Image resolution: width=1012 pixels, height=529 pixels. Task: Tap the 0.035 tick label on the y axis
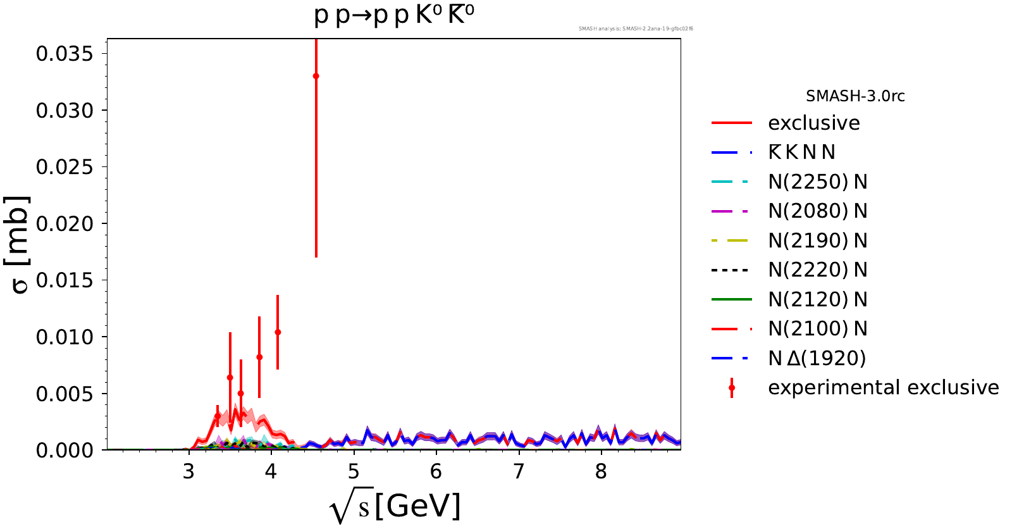pyautogui.click(x=65, y=54)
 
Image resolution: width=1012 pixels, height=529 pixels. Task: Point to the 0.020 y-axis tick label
pyautogui.click(x=65, y=223)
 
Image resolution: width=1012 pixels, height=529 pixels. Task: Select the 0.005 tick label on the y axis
pyautogui.click(x=65, y=394)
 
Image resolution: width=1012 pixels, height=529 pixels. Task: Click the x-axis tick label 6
pyautogui.click(x=436, y=471)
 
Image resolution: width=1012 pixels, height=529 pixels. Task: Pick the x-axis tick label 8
pyautogui.click(x=601, y=471)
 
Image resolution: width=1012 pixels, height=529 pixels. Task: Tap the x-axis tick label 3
pyautogui.click(x=188, y=471)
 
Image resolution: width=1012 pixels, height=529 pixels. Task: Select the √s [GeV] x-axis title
pyautogui.click(x=395, y=507)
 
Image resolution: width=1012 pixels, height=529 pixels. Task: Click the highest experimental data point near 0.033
pyautogui.click(x=316, y=76)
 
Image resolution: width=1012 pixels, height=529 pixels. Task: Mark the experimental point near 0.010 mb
pyautogui.click(x=278, y=332)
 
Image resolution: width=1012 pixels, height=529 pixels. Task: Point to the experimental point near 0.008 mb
pyautogui.click(x=259, y=358)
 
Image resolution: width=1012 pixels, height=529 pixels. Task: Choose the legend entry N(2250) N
pyautogui.click(x=817, y=182)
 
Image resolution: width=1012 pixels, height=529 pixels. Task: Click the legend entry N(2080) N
pyautogui.click(x=817, y=211)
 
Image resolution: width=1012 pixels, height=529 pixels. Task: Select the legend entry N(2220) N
pyautogui.click(x=817, y=270)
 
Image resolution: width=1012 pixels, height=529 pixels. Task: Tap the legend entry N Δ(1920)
pyautogui.click(x=817, y=358)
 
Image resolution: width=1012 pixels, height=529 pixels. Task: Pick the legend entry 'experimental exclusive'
pyautogui.click(x=883, y=387)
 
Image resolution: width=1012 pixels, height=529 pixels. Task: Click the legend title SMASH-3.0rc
pyautogui.click(x=855, y=96)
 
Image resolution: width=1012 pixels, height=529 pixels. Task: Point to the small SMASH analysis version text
pyautogui.click(x=636, y=28)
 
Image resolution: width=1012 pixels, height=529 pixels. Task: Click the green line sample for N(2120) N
pyautogui.click(x=732, y=299)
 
